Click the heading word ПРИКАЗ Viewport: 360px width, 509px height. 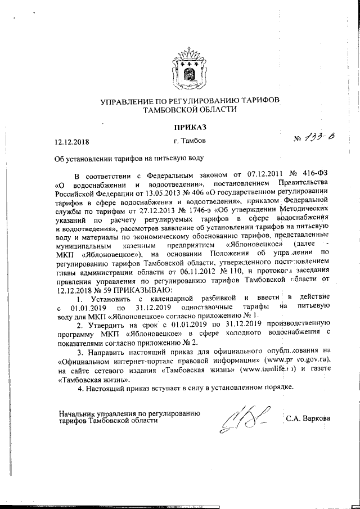click(188, 128)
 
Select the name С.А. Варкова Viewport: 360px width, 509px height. click(308, 418)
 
